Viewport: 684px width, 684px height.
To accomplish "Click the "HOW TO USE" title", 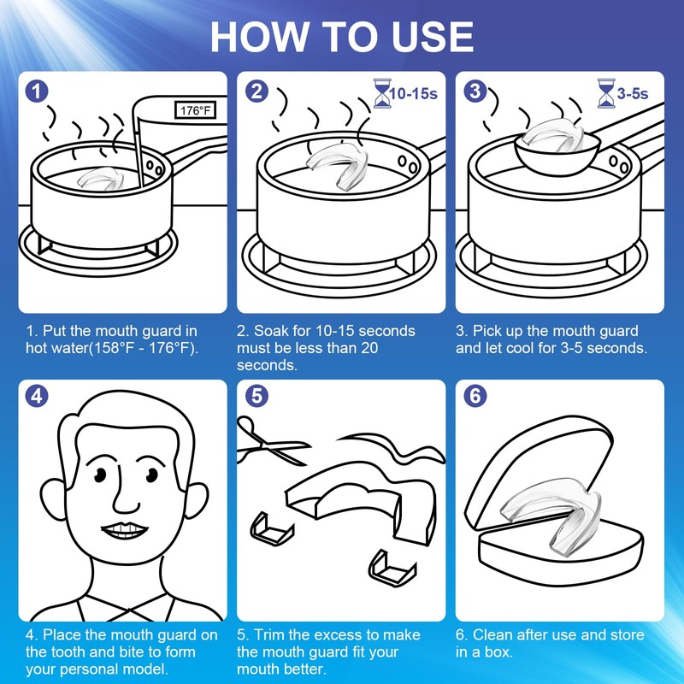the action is pyautogui.click(x=342, y=37).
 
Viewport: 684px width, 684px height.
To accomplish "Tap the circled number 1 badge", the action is pyautogui.click(x=37, y=91).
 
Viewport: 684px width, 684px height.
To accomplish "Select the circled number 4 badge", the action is pyautogui.click(x=37, y=396).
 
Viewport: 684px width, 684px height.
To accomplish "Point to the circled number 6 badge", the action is pyautogui.click(x=475, y=396).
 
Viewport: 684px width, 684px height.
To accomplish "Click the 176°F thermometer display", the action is pyautogui.click(x=196, y=110).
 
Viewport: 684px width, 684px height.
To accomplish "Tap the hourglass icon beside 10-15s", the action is pyautogui.click(x=382, y=93).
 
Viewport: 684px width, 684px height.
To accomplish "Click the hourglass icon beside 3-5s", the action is pyautogui.click(x=606, y=93).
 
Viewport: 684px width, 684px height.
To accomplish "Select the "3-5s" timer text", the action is pyautogui.click(x=633, y=93).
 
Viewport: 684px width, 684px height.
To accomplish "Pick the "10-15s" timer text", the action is pyautogui.click(x=414, y=93).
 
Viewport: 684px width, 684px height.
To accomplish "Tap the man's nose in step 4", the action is pyautogui.click(x=125, y=493).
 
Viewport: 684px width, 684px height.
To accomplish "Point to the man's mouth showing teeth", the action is pyautogui.click(x=124, y=530).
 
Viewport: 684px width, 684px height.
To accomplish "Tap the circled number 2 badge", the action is pyautogui.click(x=257, y=91).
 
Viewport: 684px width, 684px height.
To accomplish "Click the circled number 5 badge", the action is pyautogui.click(x=257, y=396).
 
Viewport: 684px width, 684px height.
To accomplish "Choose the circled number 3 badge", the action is pyautogui.click(x=475, y=91).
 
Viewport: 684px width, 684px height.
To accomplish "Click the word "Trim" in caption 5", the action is pyautogui.click(x=268, y=634).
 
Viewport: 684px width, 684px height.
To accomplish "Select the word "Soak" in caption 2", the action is pyautogui.click(x=271, y=331).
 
